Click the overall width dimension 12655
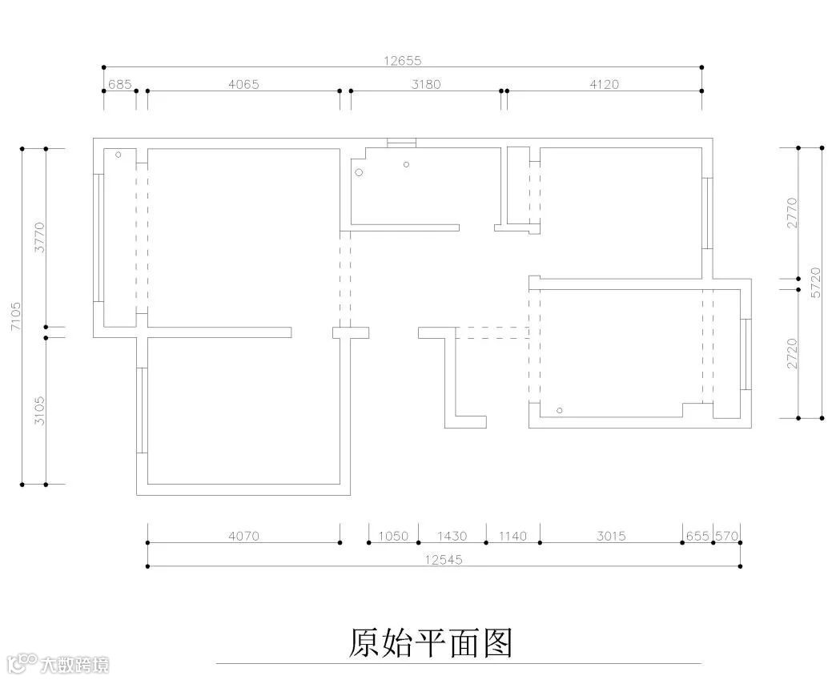tap(402, 60)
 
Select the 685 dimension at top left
tap(119, 84)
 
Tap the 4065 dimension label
tap(243, 84)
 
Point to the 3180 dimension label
tap(425, 84)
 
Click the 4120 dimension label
tap(604, 84)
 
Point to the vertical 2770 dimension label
tap(792, 213)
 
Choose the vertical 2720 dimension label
tap(792, 352)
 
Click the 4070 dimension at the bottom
tap(243, 537)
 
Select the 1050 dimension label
tap(393, 537)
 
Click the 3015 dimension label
tap(610, 537)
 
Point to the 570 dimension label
tap(726, 537)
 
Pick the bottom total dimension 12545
tap(444, 560)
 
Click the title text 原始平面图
tap(431, 642)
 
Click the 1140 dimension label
tap(512, 537)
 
